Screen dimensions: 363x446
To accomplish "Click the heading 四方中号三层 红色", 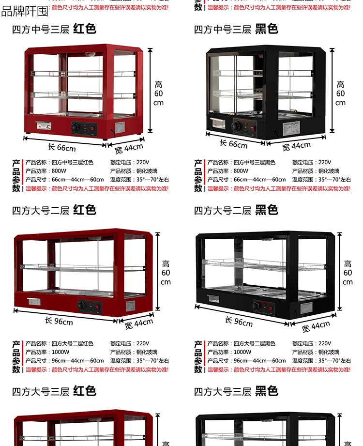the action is click(54, 30).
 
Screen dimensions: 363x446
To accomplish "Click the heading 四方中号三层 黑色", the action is click(236, 30).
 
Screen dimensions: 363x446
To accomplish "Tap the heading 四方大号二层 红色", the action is click(54, 210).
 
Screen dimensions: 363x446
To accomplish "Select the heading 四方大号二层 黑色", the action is click(236, 210).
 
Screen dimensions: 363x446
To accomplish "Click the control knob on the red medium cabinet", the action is click(76, 127).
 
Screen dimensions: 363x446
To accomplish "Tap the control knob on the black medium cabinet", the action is click(236, 126).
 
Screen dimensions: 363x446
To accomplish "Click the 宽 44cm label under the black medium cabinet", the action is click(296, 145).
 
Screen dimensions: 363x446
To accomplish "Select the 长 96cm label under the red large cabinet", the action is click(59, 321).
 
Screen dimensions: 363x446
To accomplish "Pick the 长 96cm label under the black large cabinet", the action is click(239, 321).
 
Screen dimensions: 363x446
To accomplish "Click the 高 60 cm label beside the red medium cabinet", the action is click(159, 93).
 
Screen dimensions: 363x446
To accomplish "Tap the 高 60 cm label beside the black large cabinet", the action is click(348, 273).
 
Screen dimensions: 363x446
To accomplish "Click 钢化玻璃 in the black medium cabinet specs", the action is click(329, 171).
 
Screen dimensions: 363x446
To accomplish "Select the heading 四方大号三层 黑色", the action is click(236, 391).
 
